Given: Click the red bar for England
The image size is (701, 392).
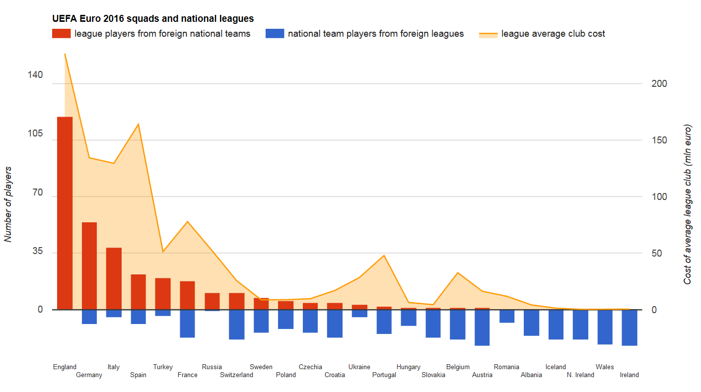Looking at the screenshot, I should point(65,213).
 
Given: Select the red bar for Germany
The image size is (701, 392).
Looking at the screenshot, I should point(89,266).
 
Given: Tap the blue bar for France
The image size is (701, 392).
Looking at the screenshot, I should point(187,324).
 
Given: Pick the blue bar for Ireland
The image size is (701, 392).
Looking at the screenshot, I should point(630,327).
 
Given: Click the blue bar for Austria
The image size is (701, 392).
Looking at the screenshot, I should point(482,327).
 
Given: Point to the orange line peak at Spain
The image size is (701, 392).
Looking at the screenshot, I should point(138,124).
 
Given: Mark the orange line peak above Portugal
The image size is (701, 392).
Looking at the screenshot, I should point(384,256).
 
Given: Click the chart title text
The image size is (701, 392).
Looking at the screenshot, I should point(153,19).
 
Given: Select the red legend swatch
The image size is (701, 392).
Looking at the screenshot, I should point(61,34).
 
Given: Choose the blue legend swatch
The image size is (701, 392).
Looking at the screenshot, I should point(275,34).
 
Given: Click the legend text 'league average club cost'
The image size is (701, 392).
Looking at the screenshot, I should point(553,34).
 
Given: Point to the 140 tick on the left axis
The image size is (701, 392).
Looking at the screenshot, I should point(35,75).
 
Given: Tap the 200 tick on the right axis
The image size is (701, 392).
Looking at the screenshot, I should point(659,83).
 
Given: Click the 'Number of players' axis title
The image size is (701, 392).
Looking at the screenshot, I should point(8,204).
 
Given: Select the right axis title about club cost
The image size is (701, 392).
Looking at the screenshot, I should point(688,204).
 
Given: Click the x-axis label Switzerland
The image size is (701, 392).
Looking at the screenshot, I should point(236,375).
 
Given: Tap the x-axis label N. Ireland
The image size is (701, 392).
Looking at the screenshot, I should point(580,375).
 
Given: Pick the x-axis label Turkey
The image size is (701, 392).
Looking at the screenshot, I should point(163,367).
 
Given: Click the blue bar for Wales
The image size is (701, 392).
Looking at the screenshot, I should point(605,327).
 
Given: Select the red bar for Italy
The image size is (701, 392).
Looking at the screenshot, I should point(114,278).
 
